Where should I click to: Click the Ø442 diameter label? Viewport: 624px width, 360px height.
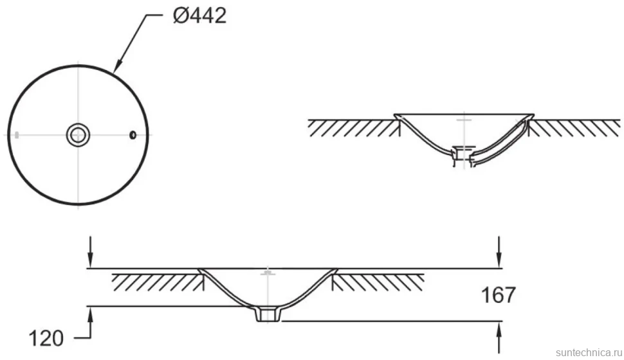tap(200, 16)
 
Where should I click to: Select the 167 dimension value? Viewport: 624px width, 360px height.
tap(499, 295)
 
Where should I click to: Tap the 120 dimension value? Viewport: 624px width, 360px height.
tap(46, 339)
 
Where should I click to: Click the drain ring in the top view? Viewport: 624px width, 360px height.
tap(78, 135)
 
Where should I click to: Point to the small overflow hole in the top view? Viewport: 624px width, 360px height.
tap(133, 135)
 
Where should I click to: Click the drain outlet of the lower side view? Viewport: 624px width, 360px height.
tap(268, 314)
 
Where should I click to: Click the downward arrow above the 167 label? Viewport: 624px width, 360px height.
tap(499, 251)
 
